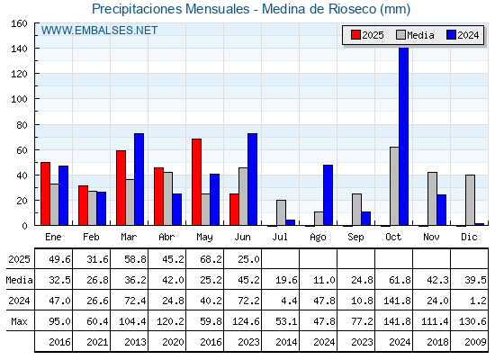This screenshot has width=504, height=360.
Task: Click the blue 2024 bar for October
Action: pyautogui.click(x=404, y=136)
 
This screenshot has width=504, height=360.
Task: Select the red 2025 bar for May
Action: pyautogui.click(x=197, y=182)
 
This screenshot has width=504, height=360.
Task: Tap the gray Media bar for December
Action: pyautogui.click(x=470, y=200)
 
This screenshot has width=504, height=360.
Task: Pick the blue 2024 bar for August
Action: pyautogui.click(x=328, y=195)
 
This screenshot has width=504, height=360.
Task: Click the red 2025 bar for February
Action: pyautogui.click(x=83, y=205)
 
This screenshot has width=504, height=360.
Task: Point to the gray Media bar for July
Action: pyautogui.click(x=281, y=212)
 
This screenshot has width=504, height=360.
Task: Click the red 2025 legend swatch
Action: pyautogui.click(x=355, y=35)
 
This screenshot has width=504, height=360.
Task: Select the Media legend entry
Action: pyautogui.click(x=415, y=35)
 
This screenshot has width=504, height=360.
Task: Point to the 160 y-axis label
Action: pyautogui.click(x=20, y=23)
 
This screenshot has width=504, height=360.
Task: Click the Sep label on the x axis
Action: pyautogui.click(x=355, y=238)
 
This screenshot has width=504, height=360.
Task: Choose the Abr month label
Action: pyautogui.click(x=166, y=237)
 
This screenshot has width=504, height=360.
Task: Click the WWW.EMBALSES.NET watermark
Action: pyautogui.click(x=99, y=31)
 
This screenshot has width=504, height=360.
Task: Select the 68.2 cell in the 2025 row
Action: pyautogui.click(x=211, y=259)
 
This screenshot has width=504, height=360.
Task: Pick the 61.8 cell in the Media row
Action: pyautogui.click(x=400, y=280)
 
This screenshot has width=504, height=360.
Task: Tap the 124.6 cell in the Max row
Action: pyautogui.click(x=246, y=321)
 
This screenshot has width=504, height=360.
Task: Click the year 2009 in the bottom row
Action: pyautogui.click(x=476, y=342)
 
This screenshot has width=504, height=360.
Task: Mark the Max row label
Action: pyautogui.click(x=19, y=321)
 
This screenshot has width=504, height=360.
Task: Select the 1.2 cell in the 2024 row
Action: pyautogui.click(x=478, y=301)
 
